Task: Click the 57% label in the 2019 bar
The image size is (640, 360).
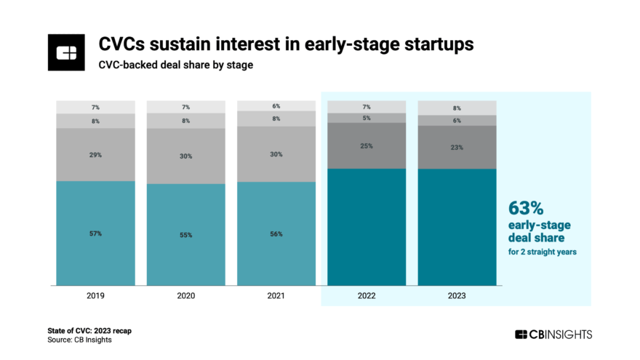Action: tap(96, 233)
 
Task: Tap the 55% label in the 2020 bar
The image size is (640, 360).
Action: tap(186, 234)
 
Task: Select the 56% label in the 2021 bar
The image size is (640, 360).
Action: tap(276, 234)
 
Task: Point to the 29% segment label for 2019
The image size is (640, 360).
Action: tap(96, 155)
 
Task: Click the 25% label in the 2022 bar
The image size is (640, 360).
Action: tap(367, 146)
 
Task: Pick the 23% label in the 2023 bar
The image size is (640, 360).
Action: tap(457, 148)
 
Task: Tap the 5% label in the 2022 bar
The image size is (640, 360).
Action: tap(367, 118)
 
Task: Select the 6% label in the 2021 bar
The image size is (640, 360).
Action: tap(276, 106)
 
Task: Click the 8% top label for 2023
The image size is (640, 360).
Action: tap(457, 108)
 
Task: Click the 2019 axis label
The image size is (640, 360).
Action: tap(96, 296)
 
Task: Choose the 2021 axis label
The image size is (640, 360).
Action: tap(276, 296)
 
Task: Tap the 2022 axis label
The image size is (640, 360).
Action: tap(367, 296)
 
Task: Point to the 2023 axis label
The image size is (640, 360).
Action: tap(457, 296)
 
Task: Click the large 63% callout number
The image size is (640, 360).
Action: tap(525, 209)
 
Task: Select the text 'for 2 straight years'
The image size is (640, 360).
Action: tap(542, 252)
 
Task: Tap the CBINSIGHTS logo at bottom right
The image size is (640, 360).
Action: tap(553, 335)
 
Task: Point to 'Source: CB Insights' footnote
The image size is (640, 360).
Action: tap(80, 340)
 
